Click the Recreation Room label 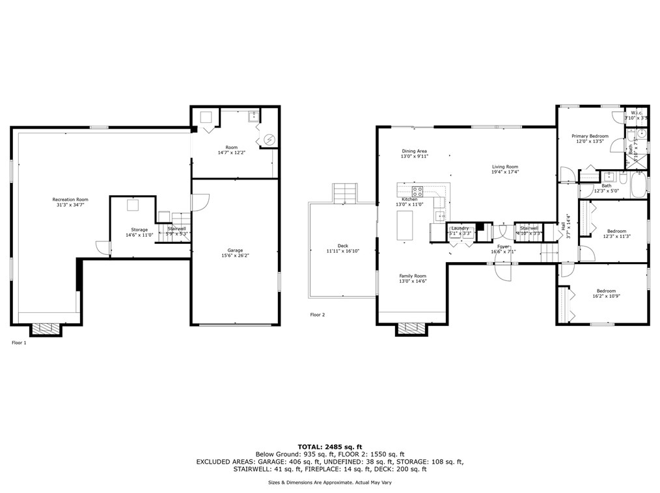70,200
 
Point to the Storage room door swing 102,248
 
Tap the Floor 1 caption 20,342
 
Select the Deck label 342,246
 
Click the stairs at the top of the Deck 344,193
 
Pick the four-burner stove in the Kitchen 417,191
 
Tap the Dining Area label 414,151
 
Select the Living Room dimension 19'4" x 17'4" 505,172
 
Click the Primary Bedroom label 590,136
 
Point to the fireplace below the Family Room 413,329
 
